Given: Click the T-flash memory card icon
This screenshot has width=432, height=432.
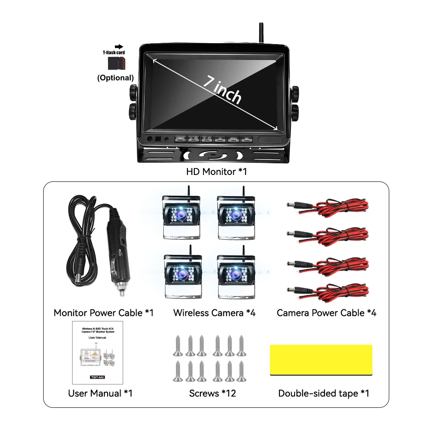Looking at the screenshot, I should pyautogui.click(x=116, y=63).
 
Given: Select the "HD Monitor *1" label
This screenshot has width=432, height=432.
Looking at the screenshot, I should pyautogui.click(x=216, y=172).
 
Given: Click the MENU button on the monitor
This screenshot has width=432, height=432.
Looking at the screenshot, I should pyautogui.click(x=234, y=139).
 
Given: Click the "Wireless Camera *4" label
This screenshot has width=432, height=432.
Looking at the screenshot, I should pyautogui.click(x=214, y=312).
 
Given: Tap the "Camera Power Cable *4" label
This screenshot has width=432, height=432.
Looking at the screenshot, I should pyautogui.click(x=326, y=312).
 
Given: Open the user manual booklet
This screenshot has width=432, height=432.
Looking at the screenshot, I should pyautogui.click(x=97, y=353).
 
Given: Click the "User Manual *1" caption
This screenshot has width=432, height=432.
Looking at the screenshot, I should pyautogui.click(x=100, y=393).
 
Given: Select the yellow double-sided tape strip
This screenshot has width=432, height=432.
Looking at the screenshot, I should pyautogui.click(x=321, y=359).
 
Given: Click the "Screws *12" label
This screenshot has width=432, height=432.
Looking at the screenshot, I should pyautogui.click(x=213, y=393).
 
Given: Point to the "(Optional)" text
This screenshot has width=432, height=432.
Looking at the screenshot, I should pyautogui.click(x=115, y=78).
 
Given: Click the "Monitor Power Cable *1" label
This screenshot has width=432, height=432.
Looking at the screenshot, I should pyautogui.click(x=104, y=312).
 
